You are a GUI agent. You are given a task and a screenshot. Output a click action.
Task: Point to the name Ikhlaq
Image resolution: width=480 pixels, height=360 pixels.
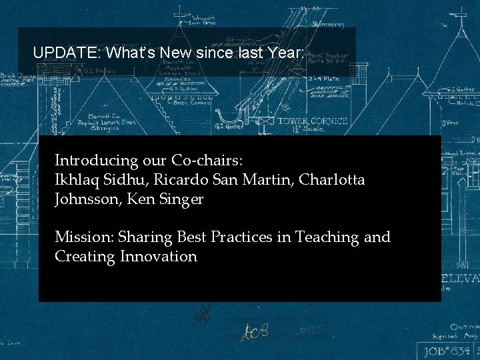[x=76, y=180]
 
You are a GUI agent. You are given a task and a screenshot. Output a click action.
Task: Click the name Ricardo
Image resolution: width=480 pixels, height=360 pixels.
[x=178, y=180]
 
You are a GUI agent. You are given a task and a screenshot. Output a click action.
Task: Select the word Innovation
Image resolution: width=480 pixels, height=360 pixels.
[x=159, y=257]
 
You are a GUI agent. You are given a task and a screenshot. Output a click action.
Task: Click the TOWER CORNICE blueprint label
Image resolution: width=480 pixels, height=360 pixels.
[x=312, y=121]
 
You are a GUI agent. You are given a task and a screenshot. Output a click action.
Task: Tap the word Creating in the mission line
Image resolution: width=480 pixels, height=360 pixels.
[x=85, y=257]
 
